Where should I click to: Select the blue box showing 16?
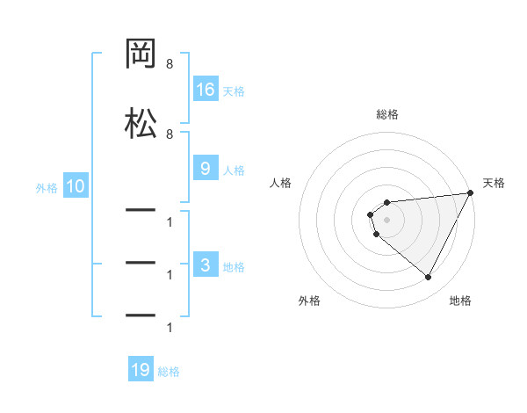206,90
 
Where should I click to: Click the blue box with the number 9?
206,170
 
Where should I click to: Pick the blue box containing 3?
206,266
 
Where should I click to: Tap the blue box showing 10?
75,186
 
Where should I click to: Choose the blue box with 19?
141,371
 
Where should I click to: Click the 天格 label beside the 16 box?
234,91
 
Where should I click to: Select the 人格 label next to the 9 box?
234,170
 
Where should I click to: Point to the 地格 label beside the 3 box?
234,267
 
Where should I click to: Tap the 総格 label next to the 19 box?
169,372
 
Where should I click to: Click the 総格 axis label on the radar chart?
387,114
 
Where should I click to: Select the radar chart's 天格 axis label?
494,183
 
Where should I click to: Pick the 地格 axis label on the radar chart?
460,301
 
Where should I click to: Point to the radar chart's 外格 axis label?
309,301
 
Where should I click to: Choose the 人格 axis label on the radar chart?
281,183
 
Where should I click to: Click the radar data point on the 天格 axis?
470,192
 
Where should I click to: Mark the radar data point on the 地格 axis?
428,278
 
